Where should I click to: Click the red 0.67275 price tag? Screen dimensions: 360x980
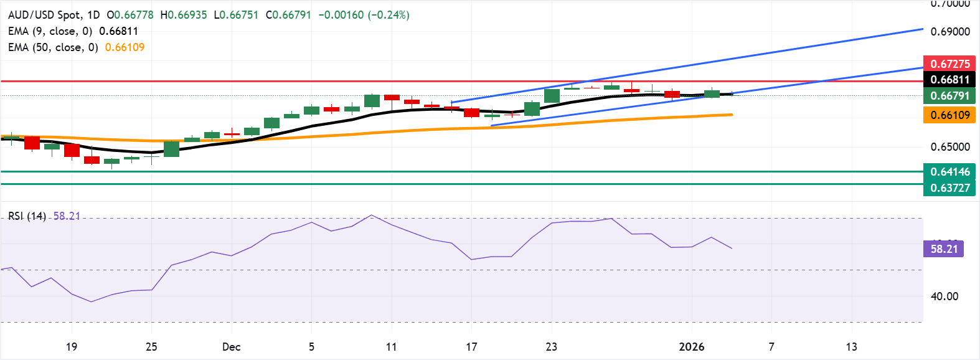tap(949, 64)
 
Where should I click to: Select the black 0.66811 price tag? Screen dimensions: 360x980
tap(949, 80)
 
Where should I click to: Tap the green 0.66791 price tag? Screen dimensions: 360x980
tap(949, 95)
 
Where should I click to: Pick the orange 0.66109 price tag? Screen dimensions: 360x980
tap(949, 115)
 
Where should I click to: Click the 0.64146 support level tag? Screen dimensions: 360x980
tap(949, 172)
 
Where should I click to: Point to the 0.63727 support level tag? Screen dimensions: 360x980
tap(949, 187)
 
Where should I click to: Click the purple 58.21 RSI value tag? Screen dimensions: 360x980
tap(943, 249)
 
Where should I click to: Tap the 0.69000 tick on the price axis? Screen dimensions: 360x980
tap(949, 32)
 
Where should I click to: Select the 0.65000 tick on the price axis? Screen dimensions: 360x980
tap(949, 147)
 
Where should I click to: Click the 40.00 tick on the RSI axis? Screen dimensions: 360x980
tap(944, 296)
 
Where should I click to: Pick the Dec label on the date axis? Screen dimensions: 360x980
tap(231, 347)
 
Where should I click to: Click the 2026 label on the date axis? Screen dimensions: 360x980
tap(691, 347)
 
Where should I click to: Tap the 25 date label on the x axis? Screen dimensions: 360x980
tap(151, 347)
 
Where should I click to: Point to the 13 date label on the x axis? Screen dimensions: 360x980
tap(851, 347)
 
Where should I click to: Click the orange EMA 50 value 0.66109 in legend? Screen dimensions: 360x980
tap(125, 47)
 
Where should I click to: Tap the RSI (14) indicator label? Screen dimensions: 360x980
tap(27, 216)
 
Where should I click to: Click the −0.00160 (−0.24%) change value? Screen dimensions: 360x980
tap(364, 15)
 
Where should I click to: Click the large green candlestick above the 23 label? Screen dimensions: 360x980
tap(552, 96)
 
